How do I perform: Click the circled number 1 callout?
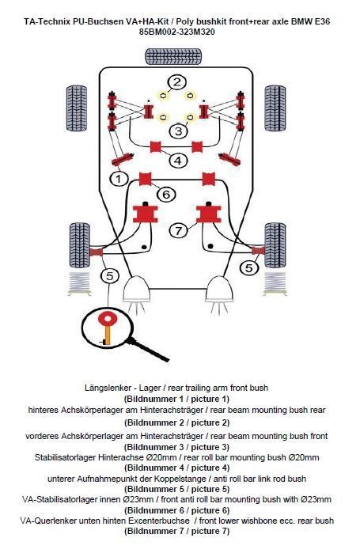119,179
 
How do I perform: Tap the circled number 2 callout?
177,82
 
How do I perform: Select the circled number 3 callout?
179,131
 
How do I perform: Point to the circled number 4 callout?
178,161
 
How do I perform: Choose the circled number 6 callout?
166,194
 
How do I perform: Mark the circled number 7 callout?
178,231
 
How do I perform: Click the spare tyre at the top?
173,56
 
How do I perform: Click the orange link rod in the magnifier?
107,335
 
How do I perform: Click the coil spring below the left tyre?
79,284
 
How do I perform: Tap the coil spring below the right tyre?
275,284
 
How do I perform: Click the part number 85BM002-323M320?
177,32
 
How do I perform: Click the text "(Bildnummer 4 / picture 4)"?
177,468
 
